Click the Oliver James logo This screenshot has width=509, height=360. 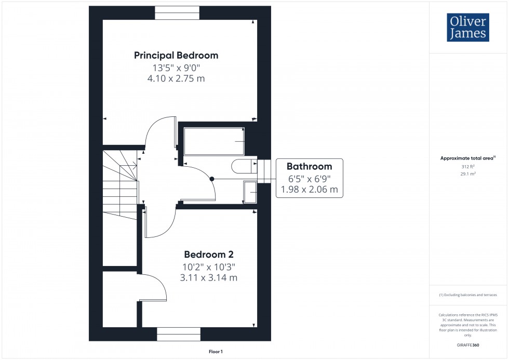coord(467,28)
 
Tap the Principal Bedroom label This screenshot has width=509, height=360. coord(176,55)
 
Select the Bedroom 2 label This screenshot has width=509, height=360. coord(209,255)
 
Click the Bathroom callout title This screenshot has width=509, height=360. coord(310,167)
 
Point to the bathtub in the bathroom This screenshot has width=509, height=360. coord(213,141)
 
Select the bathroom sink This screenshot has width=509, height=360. coord(250,193)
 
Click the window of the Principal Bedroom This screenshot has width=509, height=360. coord(177,12)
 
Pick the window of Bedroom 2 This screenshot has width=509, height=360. coord(179,334)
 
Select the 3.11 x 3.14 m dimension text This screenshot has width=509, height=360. coord(209,278)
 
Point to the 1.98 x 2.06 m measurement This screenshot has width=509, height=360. coord(310,190)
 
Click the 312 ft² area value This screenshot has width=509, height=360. coord(468,167)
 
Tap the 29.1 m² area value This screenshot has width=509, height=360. coord(468,174)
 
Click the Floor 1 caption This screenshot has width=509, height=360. coord(215,352)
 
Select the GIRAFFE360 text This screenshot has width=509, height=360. coord(468,344)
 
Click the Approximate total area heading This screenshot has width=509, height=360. coord(467,158)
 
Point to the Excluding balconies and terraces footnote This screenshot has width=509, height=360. coord(468,295)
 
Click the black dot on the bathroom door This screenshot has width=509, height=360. coord(212,179)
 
